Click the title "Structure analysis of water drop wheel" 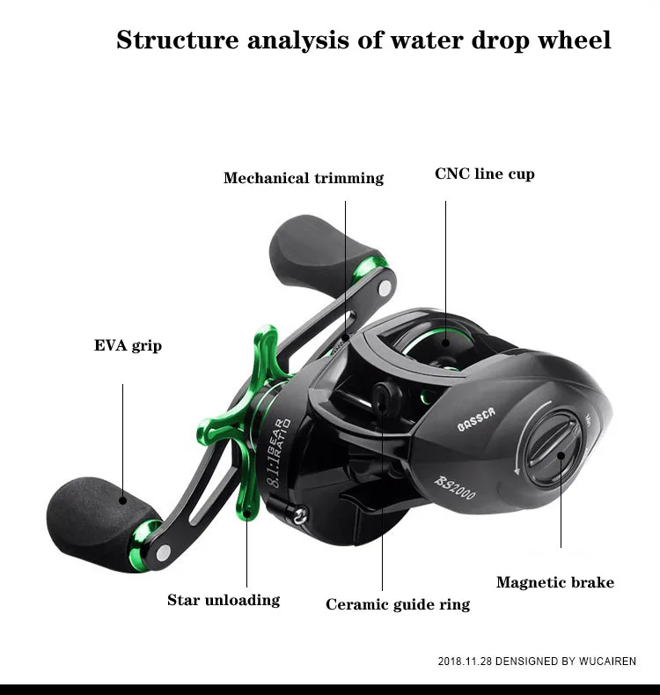click(363, 41)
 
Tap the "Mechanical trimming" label click(304, 178)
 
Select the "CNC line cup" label click(484, 174)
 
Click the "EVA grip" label click(128, 345)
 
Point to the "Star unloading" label click(224, 600)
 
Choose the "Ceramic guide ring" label click(398, 604)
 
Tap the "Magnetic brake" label click(554, 582)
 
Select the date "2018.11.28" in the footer click(465, 661)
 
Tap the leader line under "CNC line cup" click(445, 264)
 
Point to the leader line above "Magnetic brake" click(561, 511)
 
